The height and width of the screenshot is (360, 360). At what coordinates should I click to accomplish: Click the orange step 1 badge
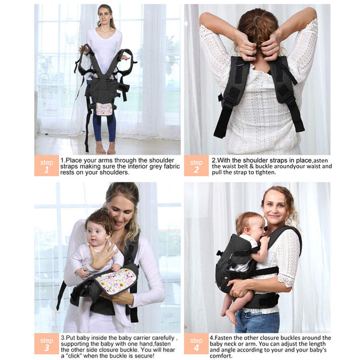[x=47, y=166]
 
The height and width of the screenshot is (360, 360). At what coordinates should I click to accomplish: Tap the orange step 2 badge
[x=196, y=166]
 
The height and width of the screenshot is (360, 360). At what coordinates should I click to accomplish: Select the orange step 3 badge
[x=47, y=343]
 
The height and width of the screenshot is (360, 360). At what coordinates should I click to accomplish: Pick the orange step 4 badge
[x=196, y=343]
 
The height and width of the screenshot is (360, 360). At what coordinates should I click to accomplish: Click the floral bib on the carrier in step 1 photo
[x=104, y=109]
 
